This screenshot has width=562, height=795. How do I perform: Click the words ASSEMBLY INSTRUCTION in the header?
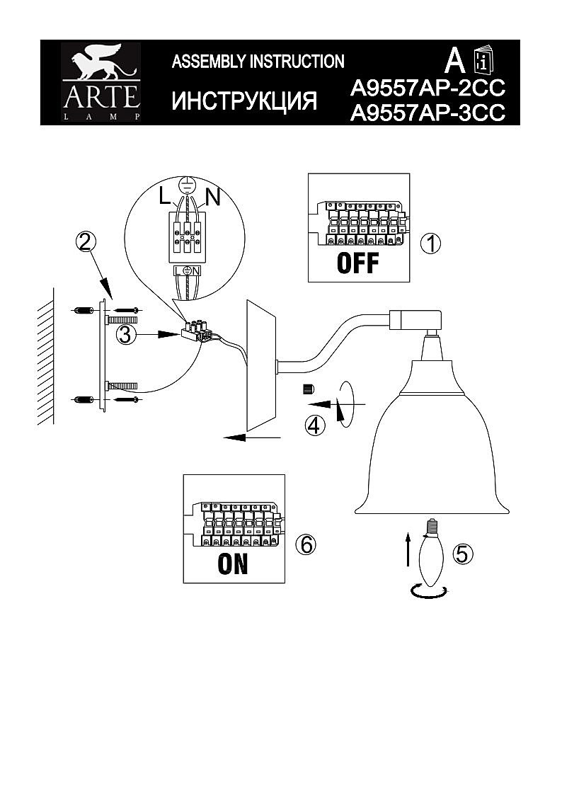[x=258, y=62]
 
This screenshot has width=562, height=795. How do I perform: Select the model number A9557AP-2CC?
[x=428, y=88]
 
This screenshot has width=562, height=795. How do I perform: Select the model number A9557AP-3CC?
[x=428, y=113]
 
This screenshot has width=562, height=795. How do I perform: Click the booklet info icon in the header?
[x=483, y=60]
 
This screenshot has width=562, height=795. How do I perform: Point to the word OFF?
[x=357, y=263]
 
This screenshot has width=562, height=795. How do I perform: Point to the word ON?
[x=233, y=564]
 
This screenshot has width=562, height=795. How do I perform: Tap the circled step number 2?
[x=84, y=242]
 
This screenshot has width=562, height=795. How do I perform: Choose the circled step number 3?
[x=125, y=334]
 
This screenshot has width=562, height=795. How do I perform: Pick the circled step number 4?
[x=315, y=425]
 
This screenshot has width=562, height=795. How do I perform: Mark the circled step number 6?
[x=305, y=544]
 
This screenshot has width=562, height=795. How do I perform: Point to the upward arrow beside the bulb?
[x=407, y=549]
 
